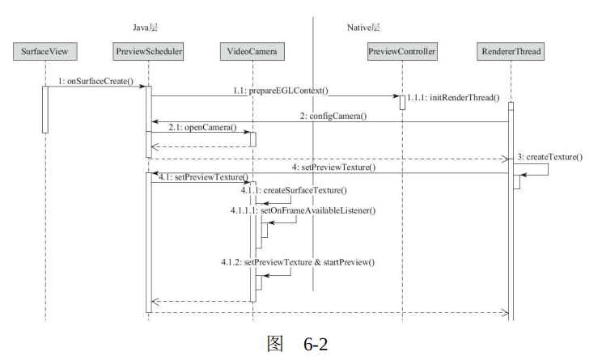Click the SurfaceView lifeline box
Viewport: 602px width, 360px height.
[45, 53]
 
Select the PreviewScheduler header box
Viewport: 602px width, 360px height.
[149, 53]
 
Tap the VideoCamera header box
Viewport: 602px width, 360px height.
[252, 53]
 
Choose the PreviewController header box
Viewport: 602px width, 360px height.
[402, 53]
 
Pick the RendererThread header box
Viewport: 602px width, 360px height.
[510, 53]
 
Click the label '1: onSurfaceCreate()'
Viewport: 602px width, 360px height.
[95, 81]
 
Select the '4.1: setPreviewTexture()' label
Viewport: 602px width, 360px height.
[203, 177]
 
